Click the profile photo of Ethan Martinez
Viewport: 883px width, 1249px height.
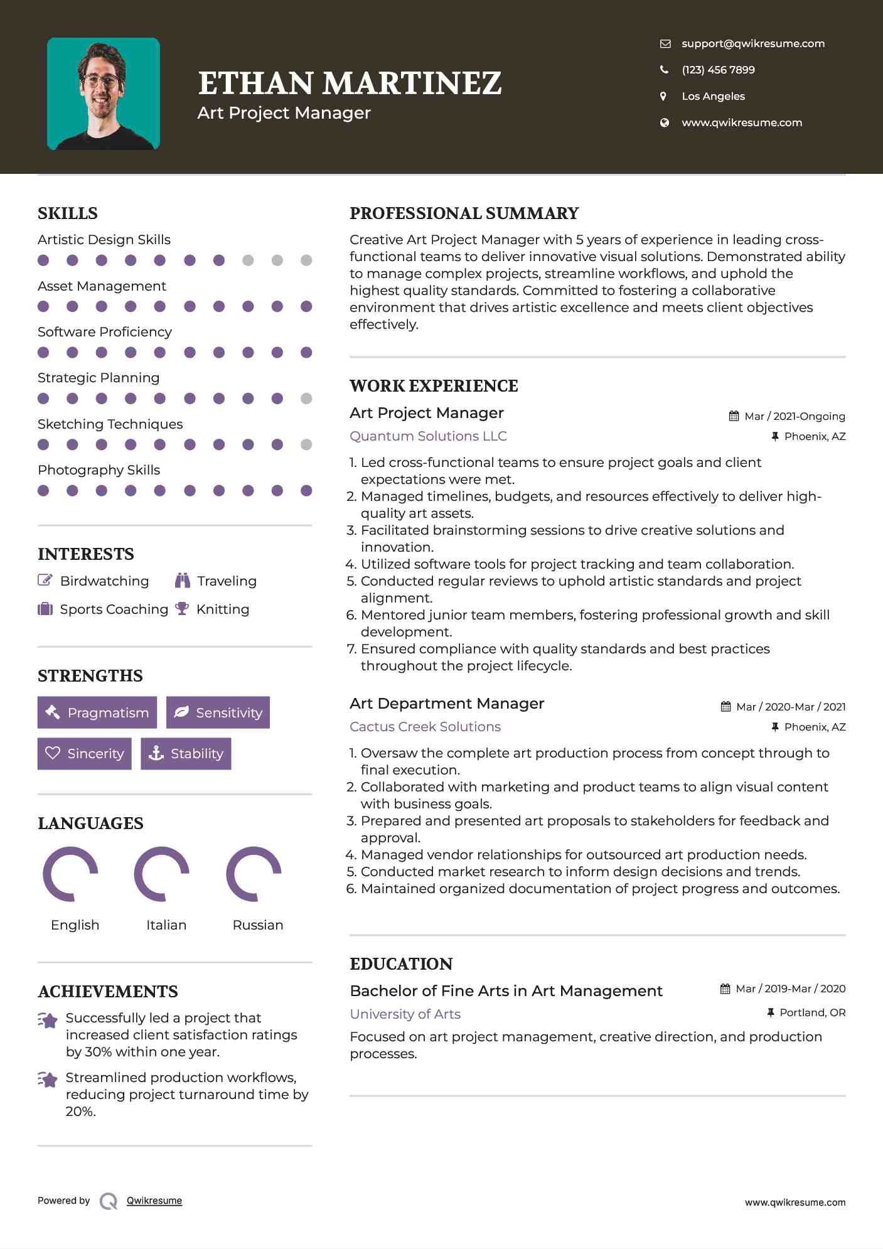click(104, 94)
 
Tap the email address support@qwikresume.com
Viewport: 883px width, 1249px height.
click(752, 43)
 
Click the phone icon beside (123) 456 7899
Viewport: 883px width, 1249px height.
click(664, 70)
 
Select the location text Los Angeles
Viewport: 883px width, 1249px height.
click(713, 96)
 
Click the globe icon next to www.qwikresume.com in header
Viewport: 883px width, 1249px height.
click(664, 122)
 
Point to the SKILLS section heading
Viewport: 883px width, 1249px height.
click(68, 213)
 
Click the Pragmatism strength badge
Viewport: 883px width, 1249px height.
click(97, 712)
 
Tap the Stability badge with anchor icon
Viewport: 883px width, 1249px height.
click(186, 753)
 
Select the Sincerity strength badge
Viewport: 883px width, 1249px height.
click(85, 753)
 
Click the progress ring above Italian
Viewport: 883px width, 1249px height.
click(162, 874)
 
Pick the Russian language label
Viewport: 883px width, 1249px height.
click(257, 925)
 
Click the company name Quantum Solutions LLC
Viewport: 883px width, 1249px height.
click(428, 436)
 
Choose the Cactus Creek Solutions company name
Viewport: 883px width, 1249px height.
click(425, 727)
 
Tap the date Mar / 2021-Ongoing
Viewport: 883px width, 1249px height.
click(794, 416)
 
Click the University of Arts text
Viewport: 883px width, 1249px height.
click(405, 1014)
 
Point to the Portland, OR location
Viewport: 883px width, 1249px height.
click(812, 1012)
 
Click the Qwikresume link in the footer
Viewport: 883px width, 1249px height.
click(154, 1201)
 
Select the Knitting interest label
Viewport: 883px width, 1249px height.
click(223, 609)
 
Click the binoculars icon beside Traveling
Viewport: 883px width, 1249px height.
click(183, 581)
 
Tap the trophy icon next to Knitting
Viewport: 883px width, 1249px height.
click(182, 609)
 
